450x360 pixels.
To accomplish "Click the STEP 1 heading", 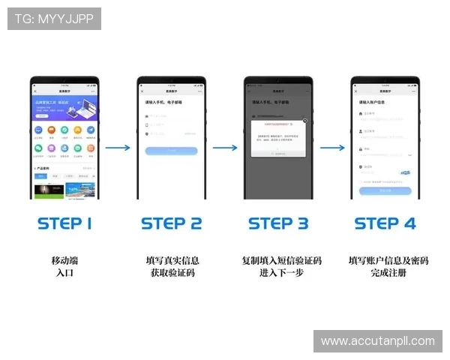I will (x=64, y=223).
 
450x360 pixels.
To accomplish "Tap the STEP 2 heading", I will (x=172, y=223).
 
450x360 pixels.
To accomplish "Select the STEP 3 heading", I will (x=278, y=223).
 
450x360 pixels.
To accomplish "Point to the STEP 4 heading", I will (x=385, y=223).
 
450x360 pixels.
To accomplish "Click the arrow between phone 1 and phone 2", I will (x=118, y=148).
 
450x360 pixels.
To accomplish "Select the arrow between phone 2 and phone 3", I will (x=224, y=148).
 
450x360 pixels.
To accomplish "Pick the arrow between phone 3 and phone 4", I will (x=332, y=148).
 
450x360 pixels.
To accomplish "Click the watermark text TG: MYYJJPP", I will (x=54, y=19).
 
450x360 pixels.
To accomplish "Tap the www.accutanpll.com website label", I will (x=377, y=341).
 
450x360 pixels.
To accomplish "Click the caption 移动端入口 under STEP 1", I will (x=64, y=267).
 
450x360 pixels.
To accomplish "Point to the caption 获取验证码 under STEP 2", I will (x=172, y=273).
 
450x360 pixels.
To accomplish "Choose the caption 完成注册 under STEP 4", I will (x=388, y=273).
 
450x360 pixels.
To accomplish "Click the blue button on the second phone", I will (x=171, y=151).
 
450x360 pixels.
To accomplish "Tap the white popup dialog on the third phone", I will (x=279, y=136).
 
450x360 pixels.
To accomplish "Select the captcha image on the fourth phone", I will (x=405, y=172).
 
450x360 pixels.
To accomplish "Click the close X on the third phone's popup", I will (x=304, y=120).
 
